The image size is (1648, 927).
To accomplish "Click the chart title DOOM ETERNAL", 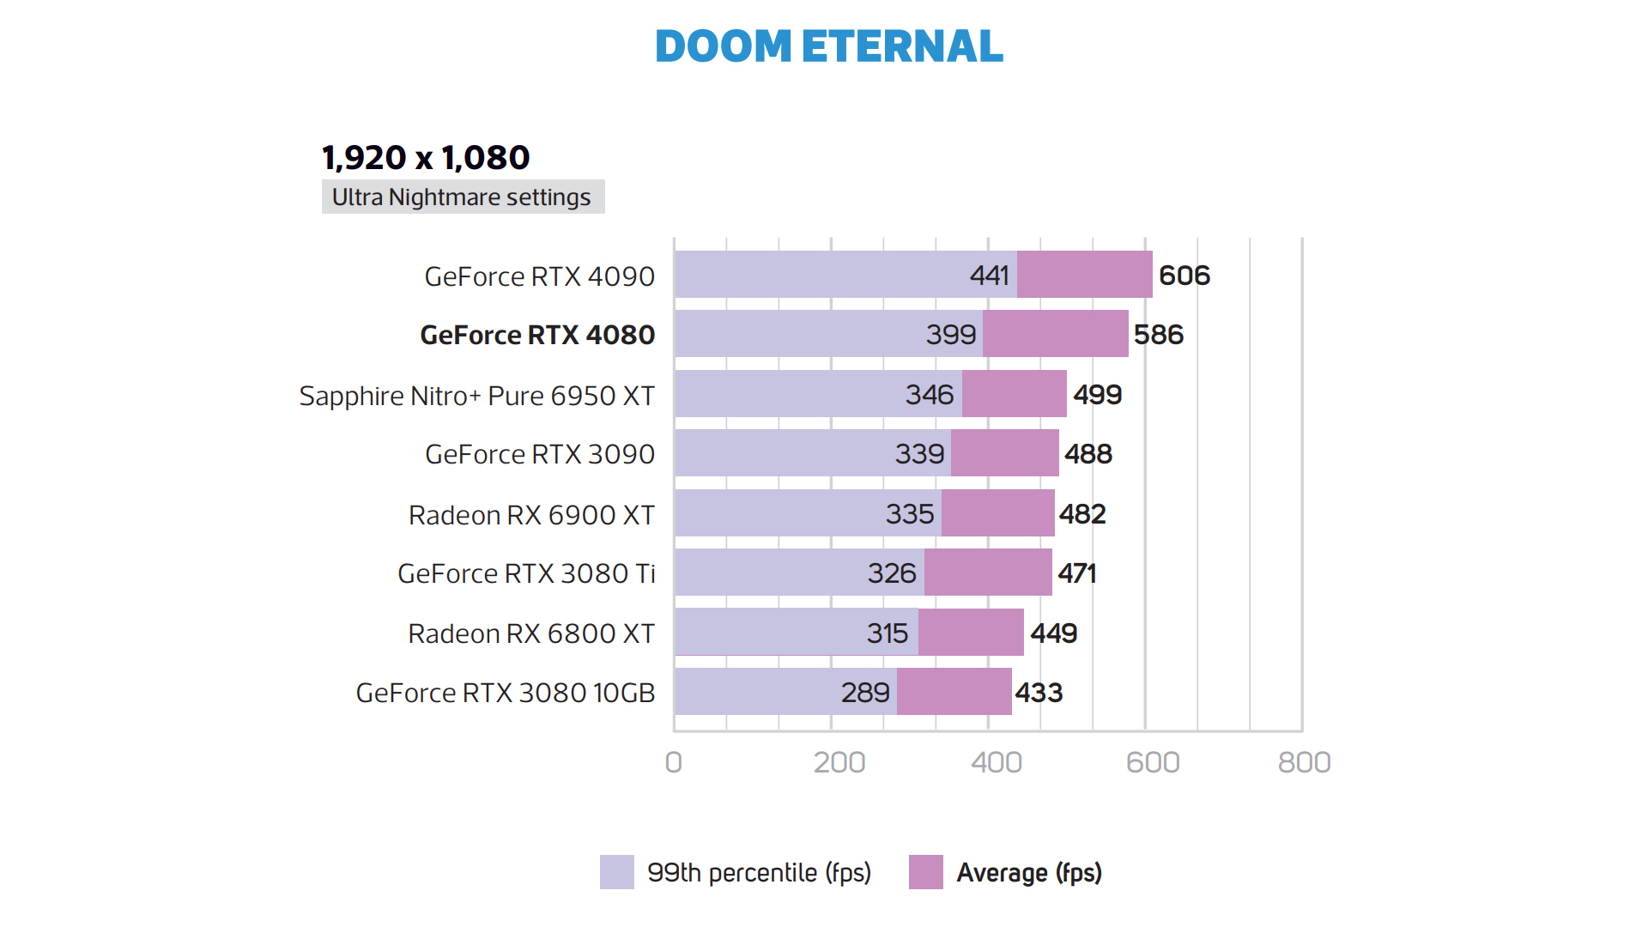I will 828,46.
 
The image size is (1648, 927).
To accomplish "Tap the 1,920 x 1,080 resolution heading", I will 426,158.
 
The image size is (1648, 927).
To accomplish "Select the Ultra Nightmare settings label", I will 462,197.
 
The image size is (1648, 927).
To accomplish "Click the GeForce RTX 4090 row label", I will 539,276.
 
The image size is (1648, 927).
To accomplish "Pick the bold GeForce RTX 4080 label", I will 537,335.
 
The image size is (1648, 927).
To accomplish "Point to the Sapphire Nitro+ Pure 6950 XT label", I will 476,396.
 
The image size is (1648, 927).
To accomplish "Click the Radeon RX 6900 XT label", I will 531,515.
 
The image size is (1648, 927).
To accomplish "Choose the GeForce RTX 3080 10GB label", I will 506,693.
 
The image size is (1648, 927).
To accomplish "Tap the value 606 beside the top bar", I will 1184,276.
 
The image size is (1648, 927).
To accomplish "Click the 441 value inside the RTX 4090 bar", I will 989,276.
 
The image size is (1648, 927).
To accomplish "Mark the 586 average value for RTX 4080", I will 1158,335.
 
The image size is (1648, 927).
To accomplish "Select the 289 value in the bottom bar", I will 864,693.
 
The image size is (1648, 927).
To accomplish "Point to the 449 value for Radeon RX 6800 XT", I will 1053,633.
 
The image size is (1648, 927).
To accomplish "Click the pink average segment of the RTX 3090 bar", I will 1004,453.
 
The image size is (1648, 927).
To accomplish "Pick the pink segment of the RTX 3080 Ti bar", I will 987,573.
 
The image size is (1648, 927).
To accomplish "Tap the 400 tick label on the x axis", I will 997,762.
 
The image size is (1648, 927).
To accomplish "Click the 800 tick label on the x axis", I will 1304,762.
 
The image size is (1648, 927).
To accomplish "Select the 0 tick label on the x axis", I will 674,762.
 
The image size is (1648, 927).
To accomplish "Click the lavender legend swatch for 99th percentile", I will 616,872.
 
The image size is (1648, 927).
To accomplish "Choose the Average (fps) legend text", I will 1029,873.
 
